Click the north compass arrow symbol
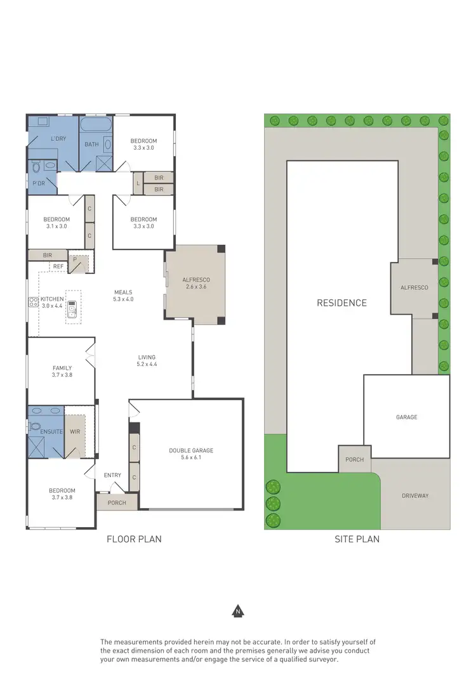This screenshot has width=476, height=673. tap(238, 611)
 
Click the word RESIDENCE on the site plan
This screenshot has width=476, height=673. tap(341, 303)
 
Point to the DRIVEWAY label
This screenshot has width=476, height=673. tap(415, 495)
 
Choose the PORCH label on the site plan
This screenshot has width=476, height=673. tap(354, 459)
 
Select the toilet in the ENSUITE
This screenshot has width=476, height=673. tap(36, 426)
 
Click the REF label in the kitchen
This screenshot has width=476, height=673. tap(58, 266)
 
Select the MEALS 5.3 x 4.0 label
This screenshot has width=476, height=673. tap(123, 296)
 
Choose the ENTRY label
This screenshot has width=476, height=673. tap(112, 474)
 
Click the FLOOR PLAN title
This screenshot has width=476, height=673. tap(133, 539)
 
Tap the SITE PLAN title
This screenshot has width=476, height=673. tap(357, 539)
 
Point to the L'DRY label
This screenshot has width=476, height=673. tap(58, 138)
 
